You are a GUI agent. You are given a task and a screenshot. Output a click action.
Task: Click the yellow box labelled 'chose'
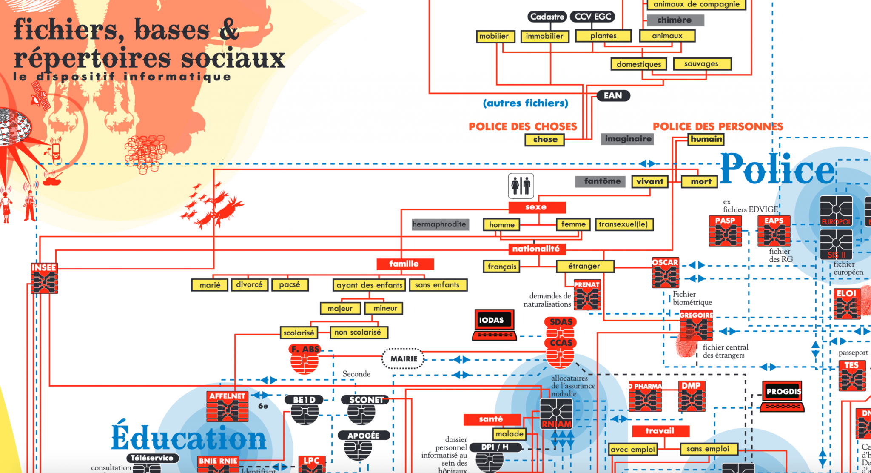coord(545,140)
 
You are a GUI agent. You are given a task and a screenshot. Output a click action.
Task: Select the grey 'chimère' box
coord(675,20)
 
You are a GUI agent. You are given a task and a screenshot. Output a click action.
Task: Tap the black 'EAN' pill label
coord(612,96)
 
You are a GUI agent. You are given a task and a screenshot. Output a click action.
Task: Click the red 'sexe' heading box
coord(537,207)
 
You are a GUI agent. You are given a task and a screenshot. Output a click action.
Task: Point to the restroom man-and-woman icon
coord(521,186)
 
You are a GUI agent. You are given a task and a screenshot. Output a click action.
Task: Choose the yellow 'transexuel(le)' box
coord(623,224)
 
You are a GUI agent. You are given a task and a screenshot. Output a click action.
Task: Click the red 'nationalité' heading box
coord(536,249)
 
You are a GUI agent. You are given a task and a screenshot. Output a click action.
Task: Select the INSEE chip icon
coord(44,278)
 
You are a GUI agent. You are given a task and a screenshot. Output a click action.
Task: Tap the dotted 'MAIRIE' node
coord(403,359)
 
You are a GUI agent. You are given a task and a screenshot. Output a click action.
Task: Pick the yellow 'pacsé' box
coord(290,284)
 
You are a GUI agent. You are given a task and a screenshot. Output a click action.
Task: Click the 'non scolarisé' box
coord(359,333)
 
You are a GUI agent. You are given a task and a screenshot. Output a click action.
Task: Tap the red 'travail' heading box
coord(660,431)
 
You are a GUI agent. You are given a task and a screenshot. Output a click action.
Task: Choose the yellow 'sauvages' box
coord(702,64)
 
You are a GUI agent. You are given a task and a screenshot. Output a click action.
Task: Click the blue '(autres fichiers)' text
coord(526,103)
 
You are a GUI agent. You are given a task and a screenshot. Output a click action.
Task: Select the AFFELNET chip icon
coord(228,407)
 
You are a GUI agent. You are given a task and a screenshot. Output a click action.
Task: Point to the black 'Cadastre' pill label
coord(547,17)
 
